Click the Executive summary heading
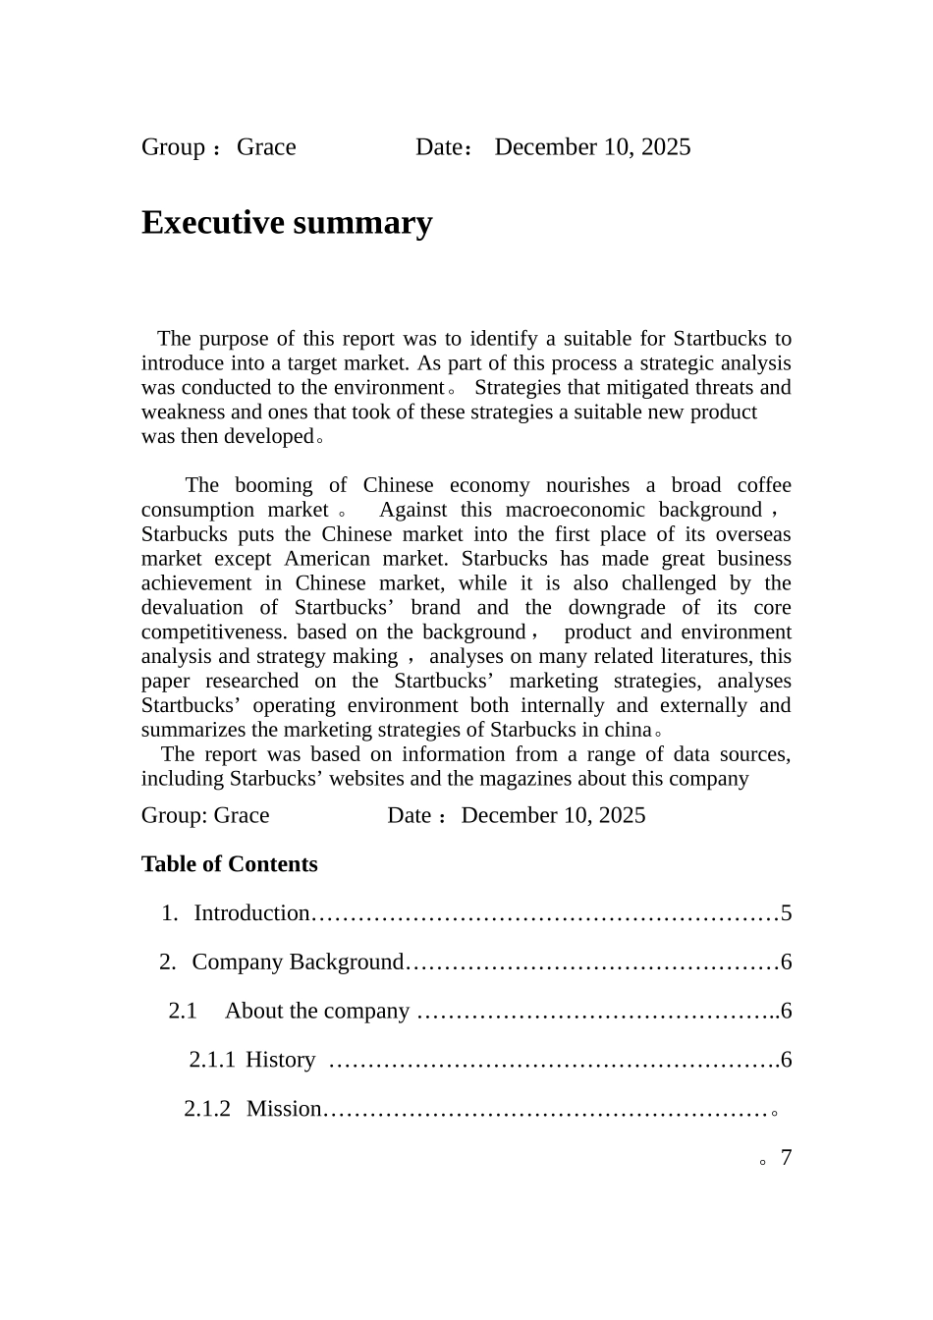287,223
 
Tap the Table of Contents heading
229,864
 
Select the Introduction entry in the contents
251,913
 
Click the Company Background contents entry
297,962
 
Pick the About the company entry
316,1011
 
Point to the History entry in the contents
280,1060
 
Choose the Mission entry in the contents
284,1109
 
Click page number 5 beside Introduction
786,913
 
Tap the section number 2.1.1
211,1060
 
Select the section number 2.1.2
207,1109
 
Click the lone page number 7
786,1158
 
